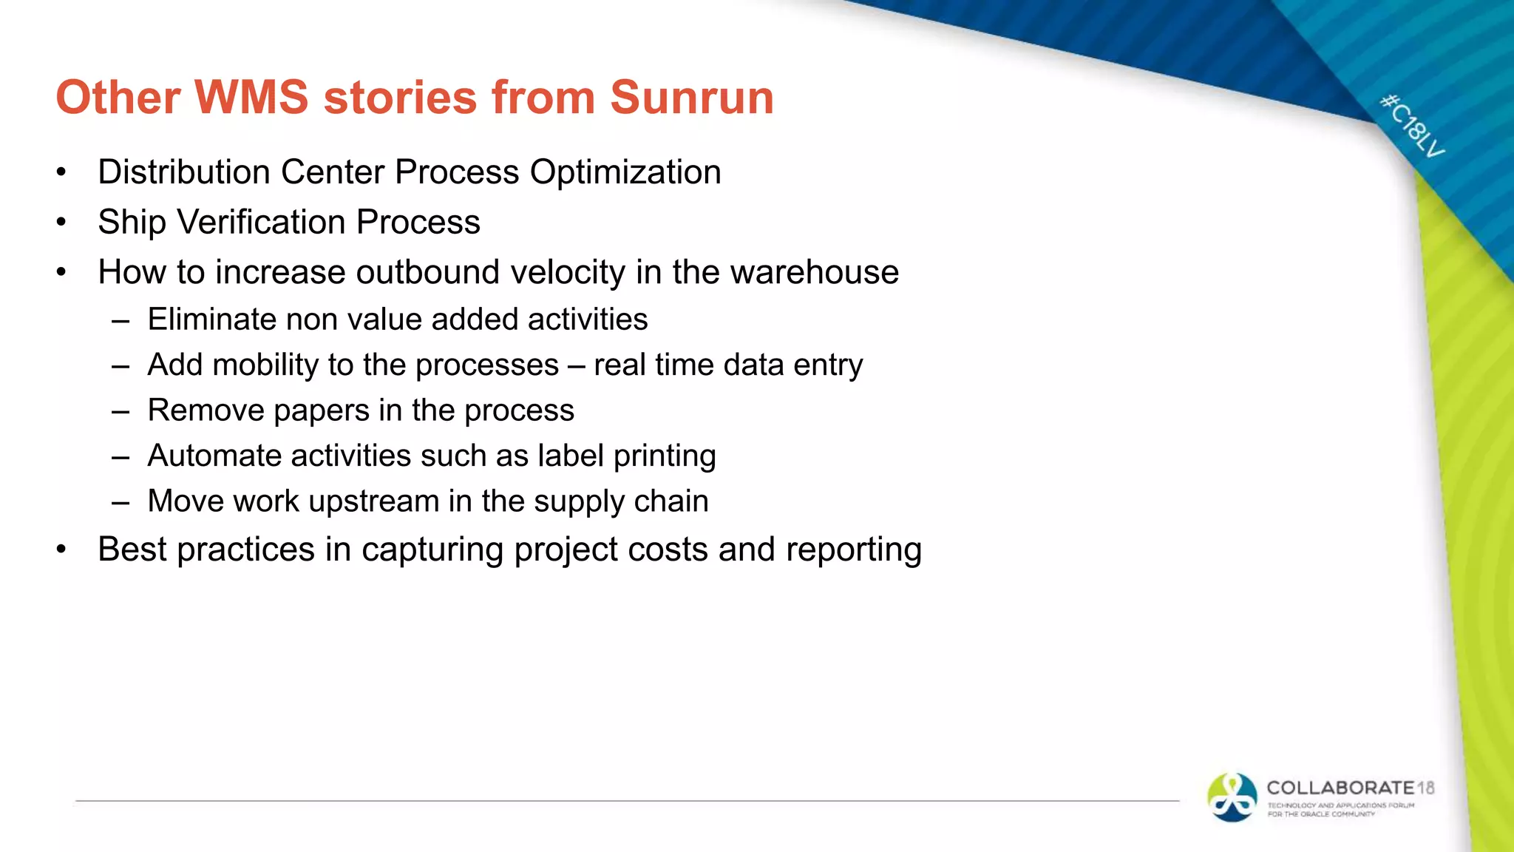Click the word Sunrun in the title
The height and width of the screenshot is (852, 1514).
691,98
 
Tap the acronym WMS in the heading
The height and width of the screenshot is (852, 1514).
251,98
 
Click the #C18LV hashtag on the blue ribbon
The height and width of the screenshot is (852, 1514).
1413,126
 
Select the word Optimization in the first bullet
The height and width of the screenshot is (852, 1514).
625,172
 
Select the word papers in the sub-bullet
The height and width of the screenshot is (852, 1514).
322,411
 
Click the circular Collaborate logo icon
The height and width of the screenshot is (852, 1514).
1232,797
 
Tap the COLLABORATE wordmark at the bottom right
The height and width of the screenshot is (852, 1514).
1340,788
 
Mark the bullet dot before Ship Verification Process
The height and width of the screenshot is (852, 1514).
61,222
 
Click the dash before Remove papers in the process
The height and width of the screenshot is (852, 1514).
120,411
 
